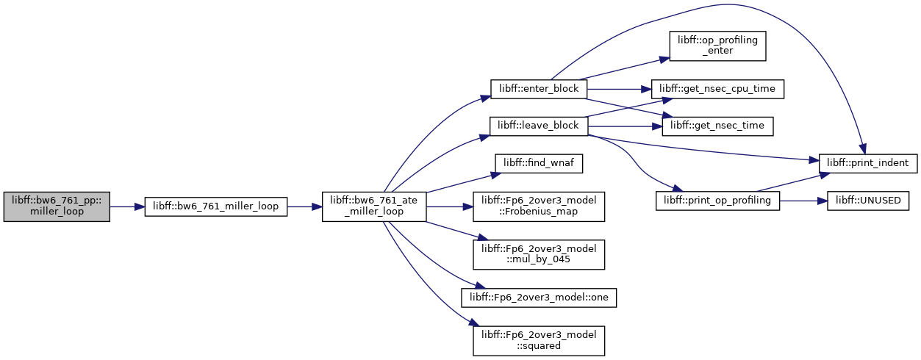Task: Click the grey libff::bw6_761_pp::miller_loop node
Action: [57, 206]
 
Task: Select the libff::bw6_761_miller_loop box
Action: [216, 206]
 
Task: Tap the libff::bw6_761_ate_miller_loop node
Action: [374, 206]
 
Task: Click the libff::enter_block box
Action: [539, 89]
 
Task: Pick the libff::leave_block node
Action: [539, 126]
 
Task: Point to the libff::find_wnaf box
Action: [539, 163]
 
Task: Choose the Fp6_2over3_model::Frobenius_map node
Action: [539, 206]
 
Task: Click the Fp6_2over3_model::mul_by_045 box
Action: [539, 255]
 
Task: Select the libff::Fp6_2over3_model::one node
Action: [539, 298]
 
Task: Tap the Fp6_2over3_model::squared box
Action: [539, 341]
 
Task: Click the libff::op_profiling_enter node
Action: [717, 46]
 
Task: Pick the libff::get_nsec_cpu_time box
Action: [717, 89]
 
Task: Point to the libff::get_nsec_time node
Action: [717, 126]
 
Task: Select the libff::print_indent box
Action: [868, 163]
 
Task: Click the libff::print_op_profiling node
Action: [717, 201]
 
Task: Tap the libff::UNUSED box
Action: [868, 201]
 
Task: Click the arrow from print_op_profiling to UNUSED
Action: [803, 201]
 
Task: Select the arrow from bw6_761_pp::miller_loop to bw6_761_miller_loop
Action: [127, 206]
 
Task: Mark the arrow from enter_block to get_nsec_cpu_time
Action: [619, 89]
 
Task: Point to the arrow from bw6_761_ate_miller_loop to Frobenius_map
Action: [450, 206]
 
